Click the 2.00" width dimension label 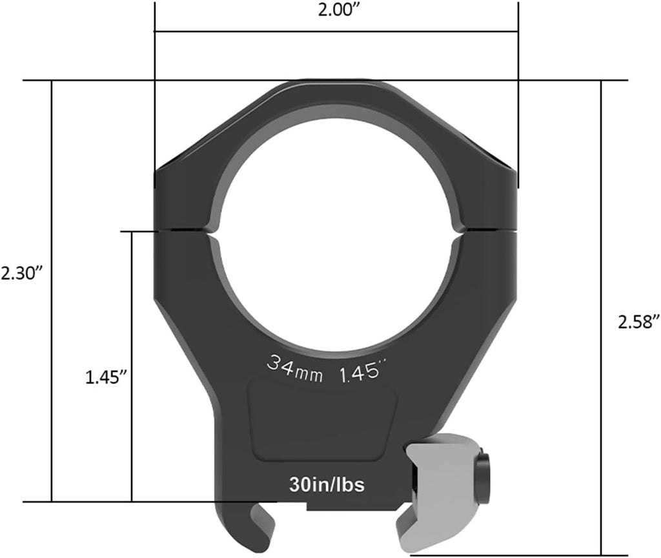tap(336, 12)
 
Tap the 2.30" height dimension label tap(21, 273)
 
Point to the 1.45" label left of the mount tap(104, 377)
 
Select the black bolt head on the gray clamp tap(483, 470)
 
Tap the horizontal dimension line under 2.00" tap(336, 30)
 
